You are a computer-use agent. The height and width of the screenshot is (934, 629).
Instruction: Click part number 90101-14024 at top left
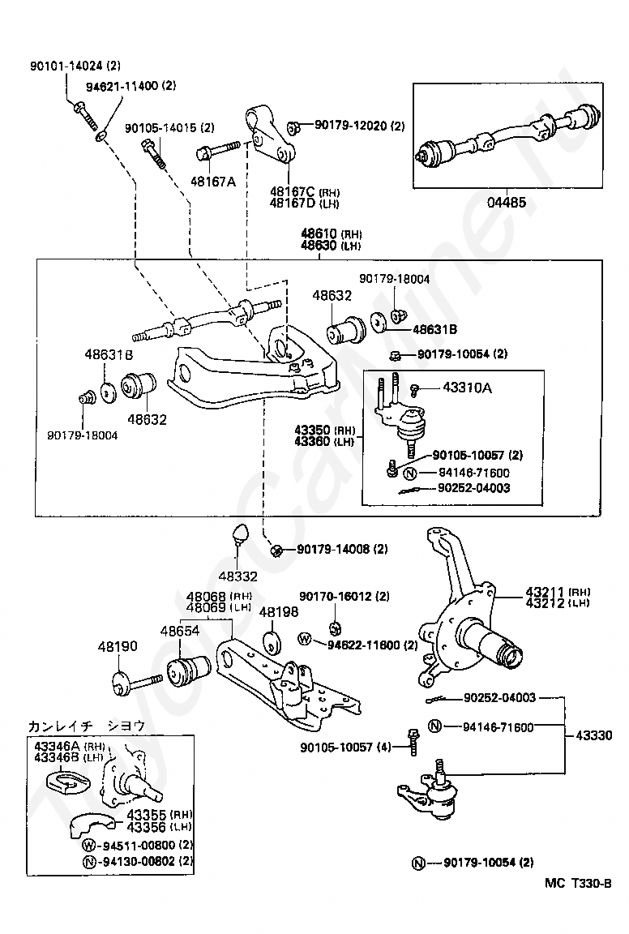point(66,66)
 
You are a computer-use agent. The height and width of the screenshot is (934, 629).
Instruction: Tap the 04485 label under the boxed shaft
point(507,202)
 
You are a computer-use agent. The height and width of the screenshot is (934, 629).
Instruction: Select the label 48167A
point(212,181)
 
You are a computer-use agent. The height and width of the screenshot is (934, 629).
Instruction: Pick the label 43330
point(594,735)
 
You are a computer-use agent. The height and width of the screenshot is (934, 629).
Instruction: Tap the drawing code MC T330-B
point(578,883)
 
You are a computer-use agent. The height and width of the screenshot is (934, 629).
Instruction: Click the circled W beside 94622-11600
point(305,639)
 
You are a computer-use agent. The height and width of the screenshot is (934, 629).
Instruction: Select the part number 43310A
point(467,388)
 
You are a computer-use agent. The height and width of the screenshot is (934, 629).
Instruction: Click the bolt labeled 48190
point(137,682)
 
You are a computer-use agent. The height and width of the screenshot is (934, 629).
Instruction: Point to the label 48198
point(279,612)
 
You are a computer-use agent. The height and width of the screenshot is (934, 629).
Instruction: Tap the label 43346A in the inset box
point(58,747)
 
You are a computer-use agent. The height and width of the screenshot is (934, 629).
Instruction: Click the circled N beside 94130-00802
point(89,861)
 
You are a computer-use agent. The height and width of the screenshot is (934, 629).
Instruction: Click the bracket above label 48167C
point(270,136)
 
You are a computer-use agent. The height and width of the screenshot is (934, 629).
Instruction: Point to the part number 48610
point(319,233)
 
